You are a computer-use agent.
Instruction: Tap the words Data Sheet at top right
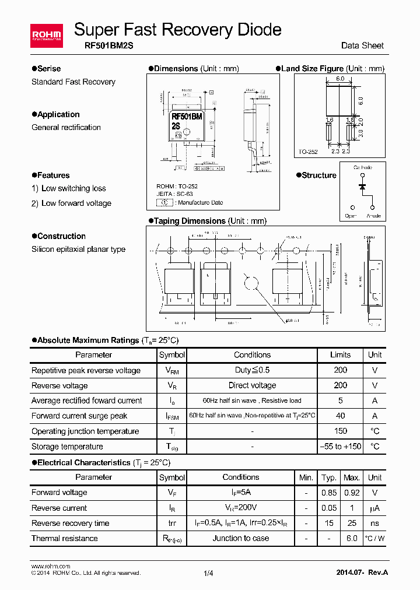[x=362, y=45]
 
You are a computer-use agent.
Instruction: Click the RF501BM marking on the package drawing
[x=187, y=116]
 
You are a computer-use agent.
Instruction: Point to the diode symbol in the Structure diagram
[x=362, y=186]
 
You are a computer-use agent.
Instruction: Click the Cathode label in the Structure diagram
[x=363, y=167]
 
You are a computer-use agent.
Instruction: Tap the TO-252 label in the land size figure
[x=308, y=152]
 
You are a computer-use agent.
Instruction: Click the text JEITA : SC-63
[x=174, y=194]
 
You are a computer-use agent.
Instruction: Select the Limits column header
[x=340, y=354]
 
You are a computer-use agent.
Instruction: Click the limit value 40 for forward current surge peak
[x=340, y=416]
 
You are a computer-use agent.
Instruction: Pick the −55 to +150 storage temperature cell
[x=340, y=447]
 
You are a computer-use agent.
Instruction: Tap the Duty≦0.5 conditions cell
[x=252, y=370]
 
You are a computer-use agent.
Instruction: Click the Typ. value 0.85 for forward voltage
[x=329, y=493]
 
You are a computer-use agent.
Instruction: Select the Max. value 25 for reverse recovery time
[x=351, y=523]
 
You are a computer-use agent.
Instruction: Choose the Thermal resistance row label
[x=65, y=538]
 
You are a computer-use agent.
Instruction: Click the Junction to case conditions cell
[x=240, y=538]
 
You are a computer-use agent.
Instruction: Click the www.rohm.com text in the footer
[x=50, y=566]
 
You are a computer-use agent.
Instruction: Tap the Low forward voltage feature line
[x=76, y=203]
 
